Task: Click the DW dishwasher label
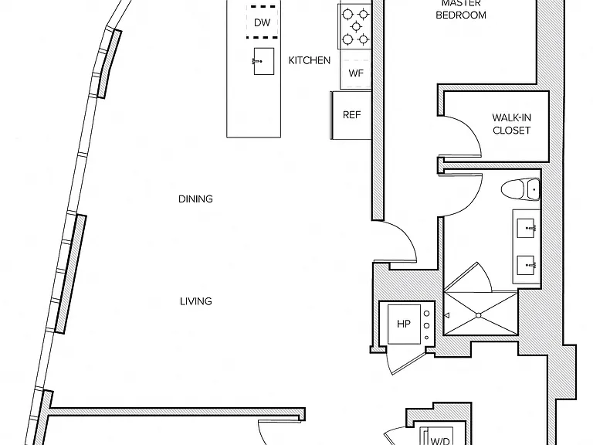262,22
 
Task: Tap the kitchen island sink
263,61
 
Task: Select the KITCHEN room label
310,60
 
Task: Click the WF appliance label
356,73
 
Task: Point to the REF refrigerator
351,115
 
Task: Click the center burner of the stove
356,26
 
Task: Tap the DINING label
195,199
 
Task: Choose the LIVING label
196,301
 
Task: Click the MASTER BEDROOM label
461,9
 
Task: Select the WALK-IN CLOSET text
512,124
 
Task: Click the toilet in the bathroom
520,189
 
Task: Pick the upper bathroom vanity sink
526,228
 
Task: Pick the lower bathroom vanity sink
526,265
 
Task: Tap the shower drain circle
479,315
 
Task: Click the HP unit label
404,324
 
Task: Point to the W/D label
440,441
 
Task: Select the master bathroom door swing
473,200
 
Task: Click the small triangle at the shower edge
446,315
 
